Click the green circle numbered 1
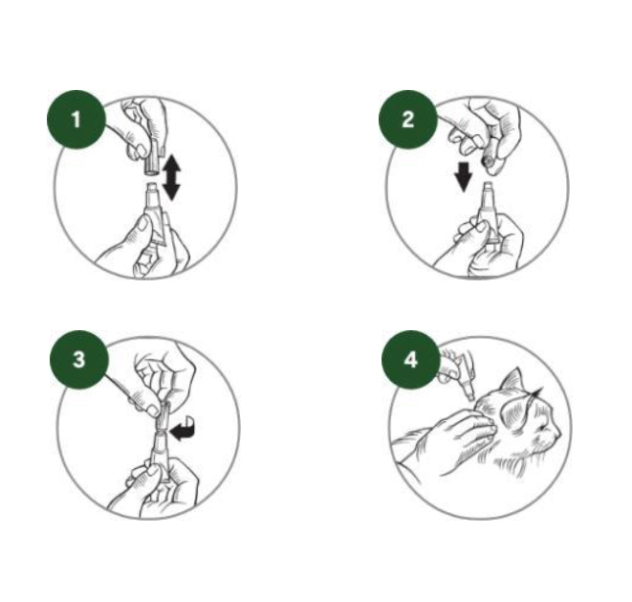point(76,120)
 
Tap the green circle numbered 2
point(408,120)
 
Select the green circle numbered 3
point(79,360)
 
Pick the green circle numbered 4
point(411,360)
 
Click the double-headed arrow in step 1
point(172,177)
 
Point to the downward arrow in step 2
point(463,177)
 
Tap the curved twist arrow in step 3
point(184,429)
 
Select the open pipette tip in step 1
point(153,190)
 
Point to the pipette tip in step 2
point(489,189)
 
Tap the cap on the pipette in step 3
point(163,416)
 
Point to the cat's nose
point(557,433)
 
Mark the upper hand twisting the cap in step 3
point(162,379)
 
